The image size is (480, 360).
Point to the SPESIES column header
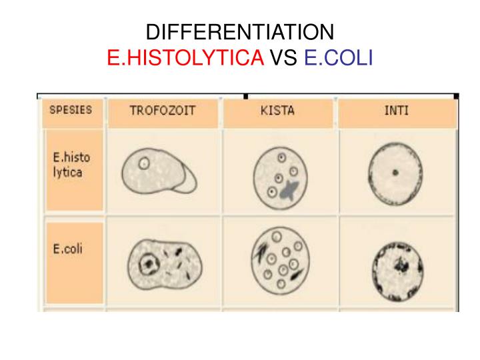[71, 110]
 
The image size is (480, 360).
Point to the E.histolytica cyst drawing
[281, 176]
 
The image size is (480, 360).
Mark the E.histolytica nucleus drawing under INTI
[395, 173]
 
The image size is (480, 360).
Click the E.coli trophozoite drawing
[164, 262]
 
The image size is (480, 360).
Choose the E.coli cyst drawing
[278, 261]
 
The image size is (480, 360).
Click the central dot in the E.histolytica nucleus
[395, 173]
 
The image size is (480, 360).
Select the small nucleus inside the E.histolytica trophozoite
[143, 162]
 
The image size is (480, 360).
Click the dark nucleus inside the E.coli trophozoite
[146, 265]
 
